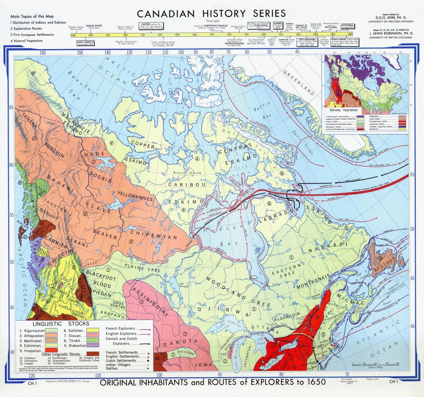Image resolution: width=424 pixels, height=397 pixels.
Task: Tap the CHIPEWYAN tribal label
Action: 153,234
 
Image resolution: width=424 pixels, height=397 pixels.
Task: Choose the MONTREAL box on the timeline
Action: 347,26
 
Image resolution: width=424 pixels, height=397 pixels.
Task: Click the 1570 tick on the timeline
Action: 212,35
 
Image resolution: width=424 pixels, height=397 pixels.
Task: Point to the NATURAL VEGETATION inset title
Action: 344,110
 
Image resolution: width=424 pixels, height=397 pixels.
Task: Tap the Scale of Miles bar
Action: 373,364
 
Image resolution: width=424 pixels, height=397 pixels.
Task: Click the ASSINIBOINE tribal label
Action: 150,302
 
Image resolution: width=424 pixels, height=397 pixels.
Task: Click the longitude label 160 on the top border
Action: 43,53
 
